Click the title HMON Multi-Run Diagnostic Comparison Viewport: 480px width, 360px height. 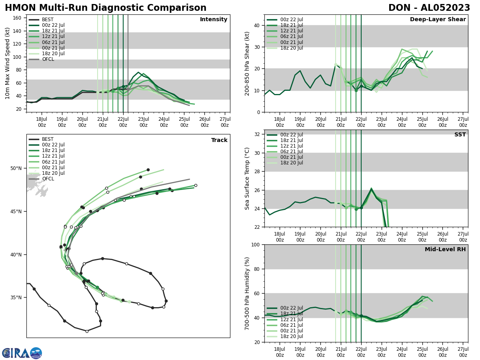point(106,8)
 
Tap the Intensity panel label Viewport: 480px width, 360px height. point(214,20)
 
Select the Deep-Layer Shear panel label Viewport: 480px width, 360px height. point(438,20)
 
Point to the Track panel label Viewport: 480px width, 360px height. point(219,140)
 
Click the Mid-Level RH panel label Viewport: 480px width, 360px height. point(445,250)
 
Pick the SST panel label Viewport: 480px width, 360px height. point(460,135)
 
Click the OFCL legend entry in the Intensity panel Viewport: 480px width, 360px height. point(48,59)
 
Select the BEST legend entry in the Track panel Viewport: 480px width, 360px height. point(48,139)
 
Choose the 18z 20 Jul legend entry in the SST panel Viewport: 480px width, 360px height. point(292,163)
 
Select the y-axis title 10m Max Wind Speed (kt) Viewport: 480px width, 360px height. point(8,63)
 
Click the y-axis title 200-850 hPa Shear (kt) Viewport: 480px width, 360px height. point(248,63)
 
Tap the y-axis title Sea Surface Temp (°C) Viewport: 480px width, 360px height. point(248,178)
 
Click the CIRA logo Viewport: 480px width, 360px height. point(22,353)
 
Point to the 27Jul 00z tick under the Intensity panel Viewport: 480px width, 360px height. point(225,122)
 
